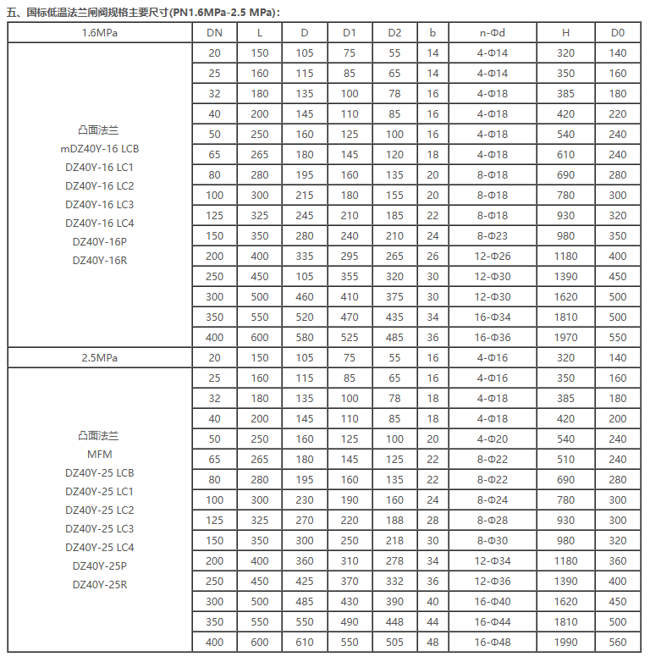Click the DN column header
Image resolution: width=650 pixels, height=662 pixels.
tap(214, 33)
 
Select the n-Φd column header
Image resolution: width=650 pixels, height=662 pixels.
tap(492, 33)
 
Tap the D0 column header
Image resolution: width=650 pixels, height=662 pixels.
tap(618, 33)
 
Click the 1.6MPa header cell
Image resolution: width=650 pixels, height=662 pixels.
tap(100, 33)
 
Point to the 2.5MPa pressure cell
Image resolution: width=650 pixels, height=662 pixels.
tap(100, 358)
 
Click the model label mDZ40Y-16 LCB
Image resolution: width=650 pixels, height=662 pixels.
tap(100, 149)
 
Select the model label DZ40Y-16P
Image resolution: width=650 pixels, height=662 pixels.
tap(100, 241)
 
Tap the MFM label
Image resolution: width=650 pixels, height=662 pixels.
tap(100, 454)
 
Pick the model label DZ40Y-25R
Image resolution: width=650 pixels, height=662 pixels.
tap(100, 584)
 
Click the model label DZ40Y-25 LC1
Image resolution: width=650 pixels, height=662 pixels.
tap(100, 491)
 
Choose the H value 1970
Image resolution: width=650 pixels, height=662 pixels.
tap(565, 338)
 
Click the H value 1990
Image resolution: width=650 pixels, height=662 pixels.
tap(565, 643)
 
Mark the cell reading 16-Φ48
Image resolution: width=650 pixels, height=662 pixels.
tap(492, 643)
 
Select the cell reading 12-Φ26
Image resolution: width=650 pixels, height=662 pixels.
tap(492, 257)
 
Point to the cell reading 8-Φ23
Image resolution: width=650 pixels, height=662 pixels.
tap(492, 236)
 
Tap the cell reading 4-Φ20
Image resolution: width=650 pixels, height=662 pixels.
tap(492, 439)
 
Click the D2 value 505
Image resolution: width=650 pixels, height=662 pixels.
tap(394, 643)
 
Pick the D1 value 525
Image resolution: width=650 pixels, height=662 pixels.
tap(350, 338)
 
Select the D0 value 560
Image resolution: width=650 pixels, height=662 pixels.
tap(618, 643)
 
